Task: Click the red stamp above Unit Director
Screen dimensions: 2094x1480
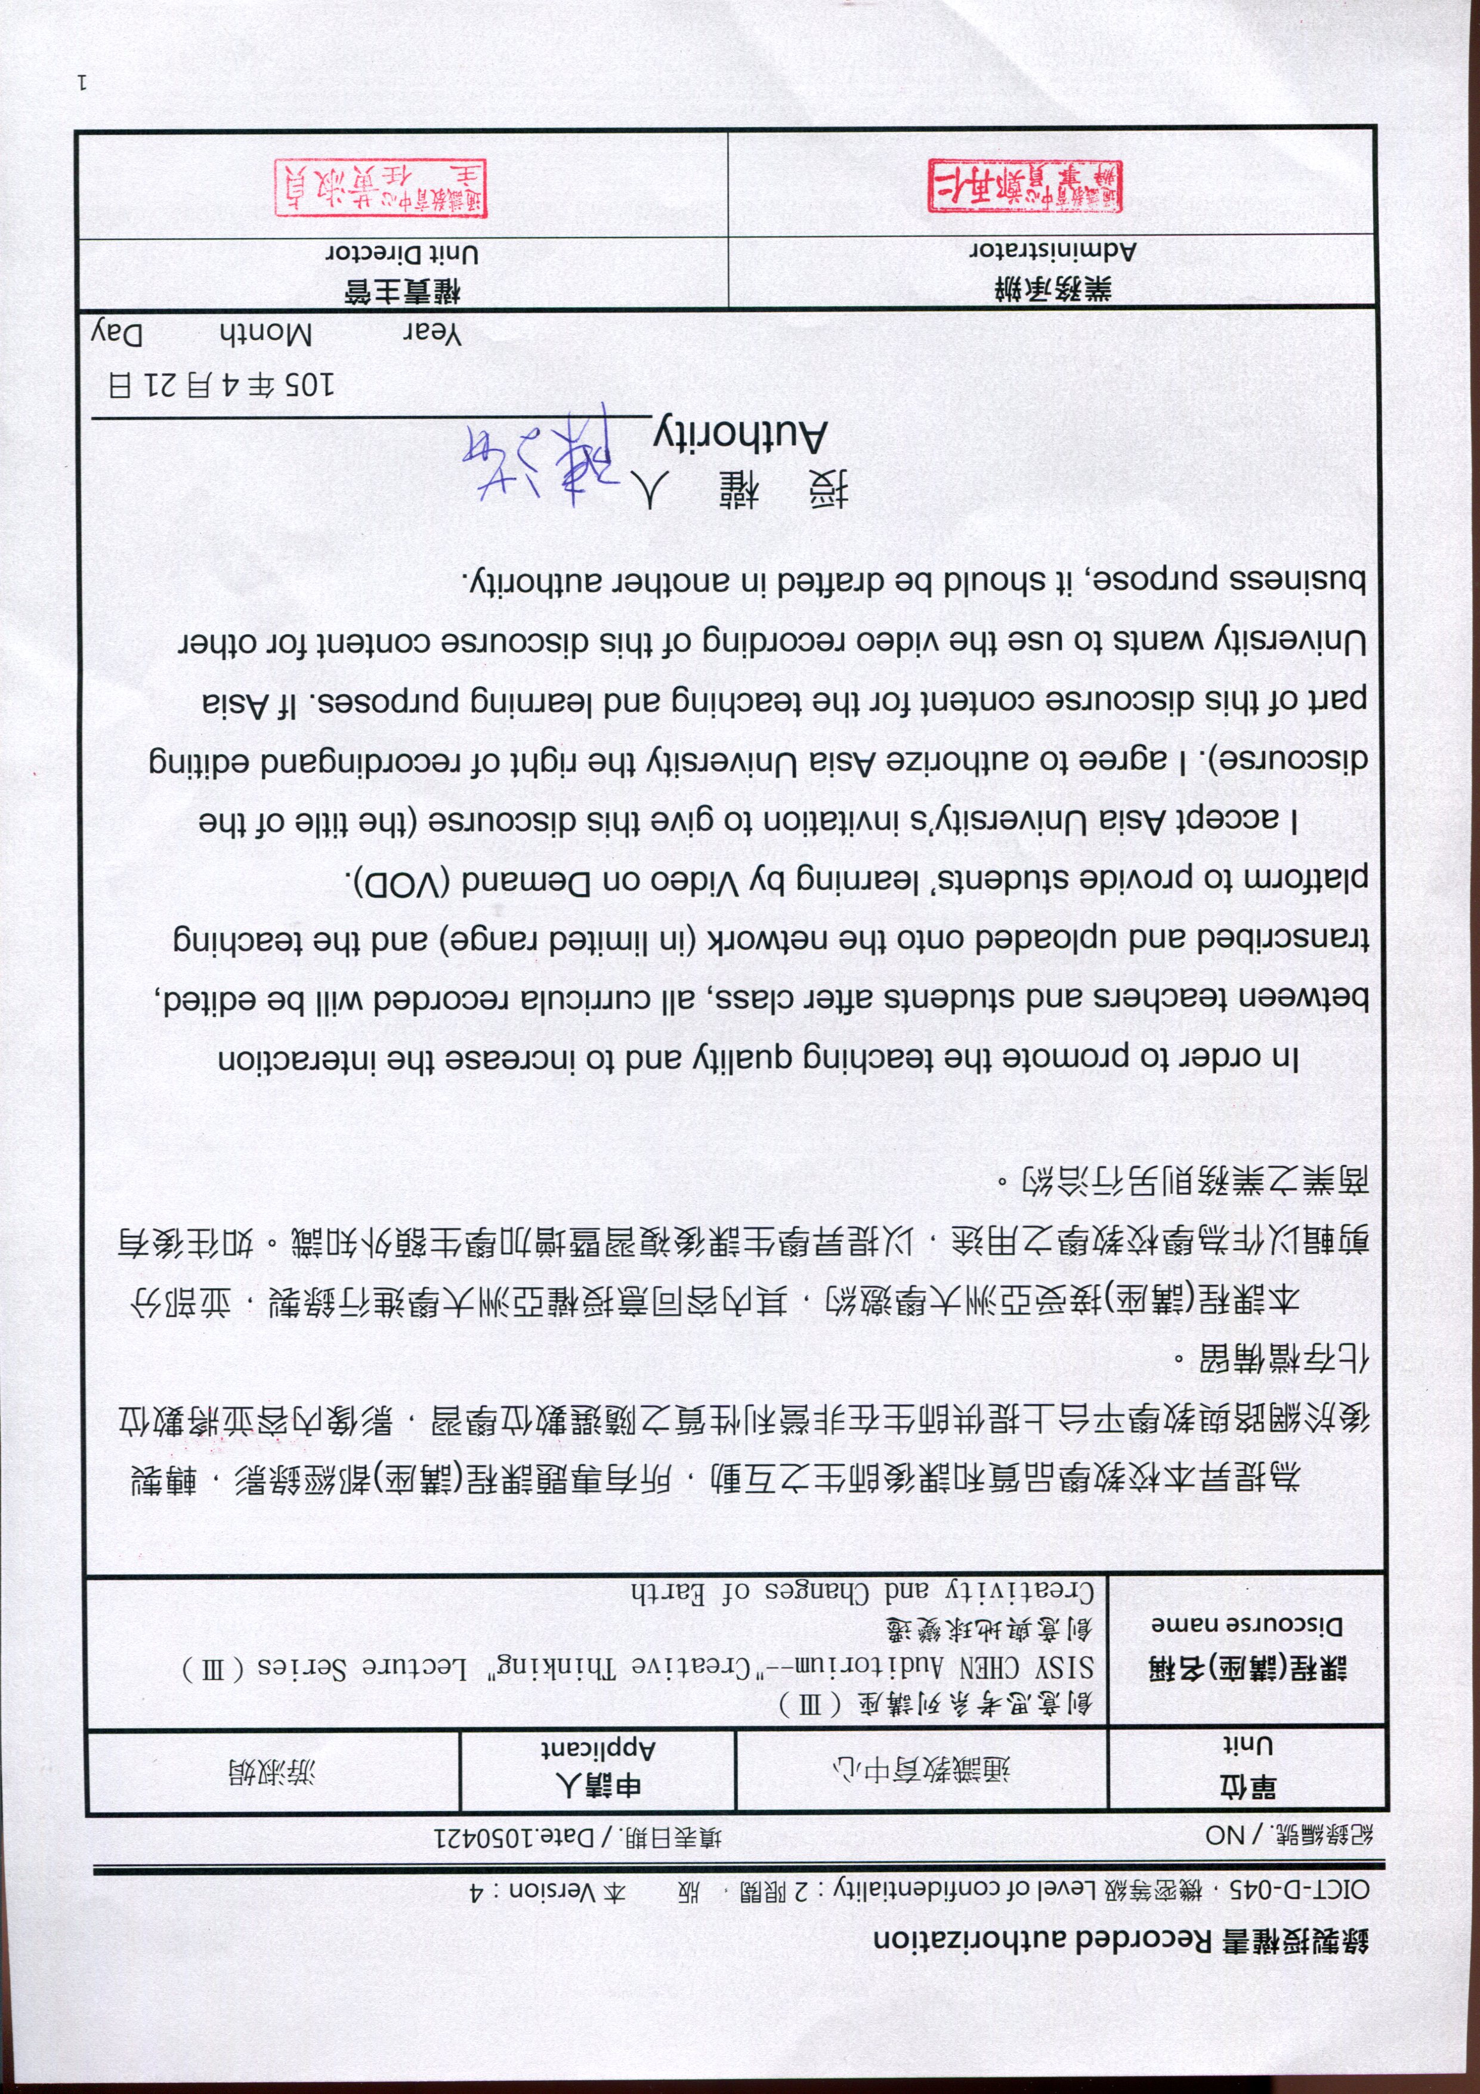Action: (x=381, y=189)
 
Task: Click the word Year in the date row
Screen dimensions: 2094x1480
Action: (x=432, y=333)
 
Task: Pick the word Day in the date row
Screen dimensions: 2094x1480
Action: (x=117, y=333)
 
